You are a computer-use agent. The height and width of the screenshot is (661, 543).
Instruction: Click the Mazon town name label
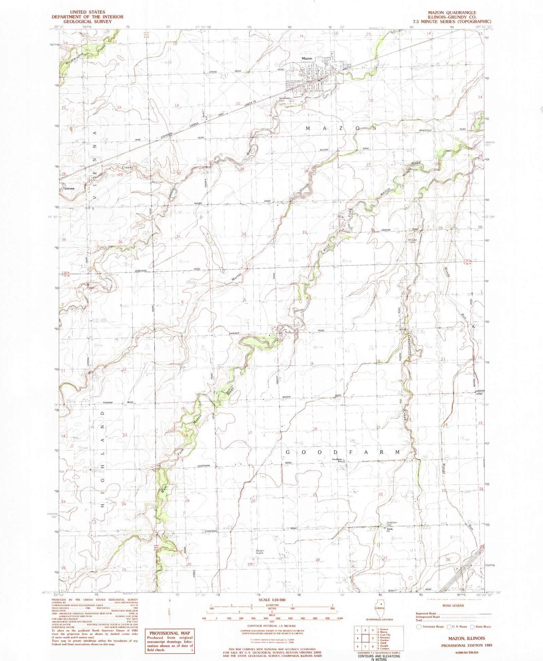click(307, 58)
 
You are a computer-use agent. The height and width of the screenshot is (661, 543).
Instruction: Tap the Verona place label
click(69, 188)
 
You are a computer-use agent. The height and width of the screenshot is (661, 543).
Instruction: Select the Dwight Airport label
click(260, 552)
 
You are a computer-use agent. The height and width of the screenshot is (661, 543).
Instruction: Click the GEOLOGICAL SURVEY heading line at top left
click(87, 21)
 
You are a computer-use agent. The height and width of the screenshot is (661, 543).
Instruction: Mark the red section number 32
click(243, 234)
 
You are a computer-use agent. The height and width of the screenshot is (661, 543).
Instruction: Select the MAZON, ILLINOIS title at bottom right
click(466, 638)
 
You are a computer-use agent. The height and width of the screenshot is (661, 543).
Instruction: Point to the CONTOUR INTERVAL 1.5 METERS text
click(271, 626)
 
